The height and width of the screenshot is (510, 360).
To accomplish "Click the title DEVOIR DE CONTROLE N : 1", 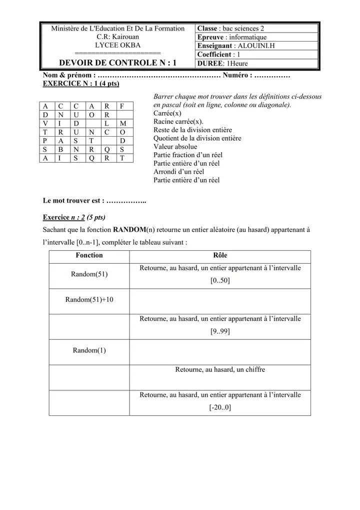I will click(118, 63).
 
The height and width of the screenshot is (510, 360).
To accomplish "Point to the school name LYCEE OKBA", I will click(118, 45).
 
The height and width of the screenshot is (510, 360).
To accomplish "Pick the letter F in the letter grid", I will click(122, 106).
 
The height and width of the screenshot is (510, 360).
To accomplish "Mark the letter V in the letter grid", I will click(45, 123).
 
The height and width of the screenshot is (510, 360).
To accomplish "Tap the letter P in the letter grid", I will click(45, 141).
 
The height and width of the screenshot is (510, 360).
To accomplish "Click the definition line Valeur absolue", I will click(175, 147).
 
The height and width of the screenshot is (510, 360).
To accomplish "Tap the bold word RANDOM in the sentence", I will click(129, 230).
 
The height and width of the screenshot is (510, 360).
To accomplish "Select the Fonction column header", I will click(89, 255).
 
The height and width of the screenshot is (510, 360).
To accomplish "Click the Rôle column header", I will click(220, 255).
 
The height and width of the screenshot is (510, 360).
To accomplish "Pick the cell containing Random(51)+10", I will click(89, 299).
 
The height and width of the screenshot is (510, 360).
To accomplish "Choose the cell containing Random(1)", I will click(89, 350).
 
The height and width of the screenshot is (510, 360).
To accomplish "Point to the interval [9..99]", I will click(220, 331).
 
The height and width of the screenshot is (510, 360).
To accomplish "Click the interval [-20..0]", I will click(220, 407).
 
